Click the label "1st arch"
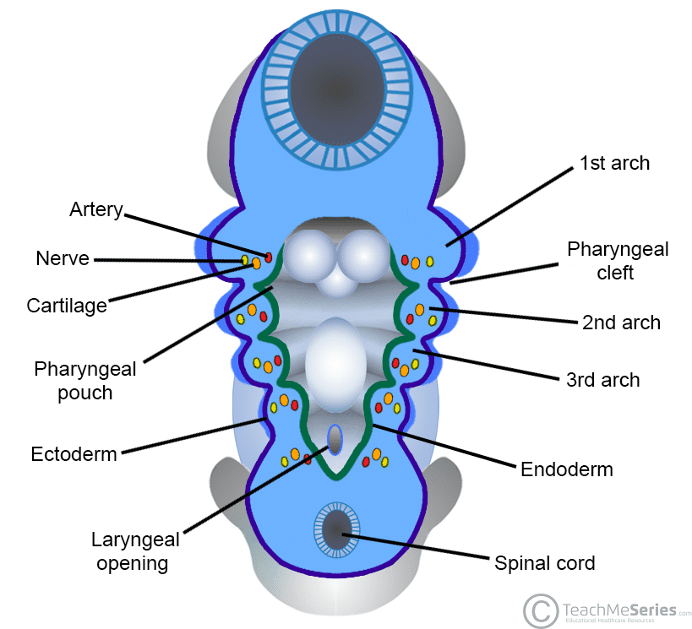click(614, 163)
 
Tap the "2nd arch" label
click(621, 322)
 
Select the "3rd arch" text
click(602, 380)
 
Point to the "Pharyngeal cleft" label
click(618, 261)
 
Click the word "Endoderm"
click(566, 469)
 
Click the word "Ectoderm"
click(74, 454)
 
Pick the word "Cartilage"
click(67, 306)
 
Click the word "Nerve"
click(63, 259)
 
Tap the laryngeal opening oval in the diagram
click(335, 439)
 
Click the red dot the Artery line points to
click(269, 256)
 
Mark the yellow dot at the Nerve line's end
click(245, 260)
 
